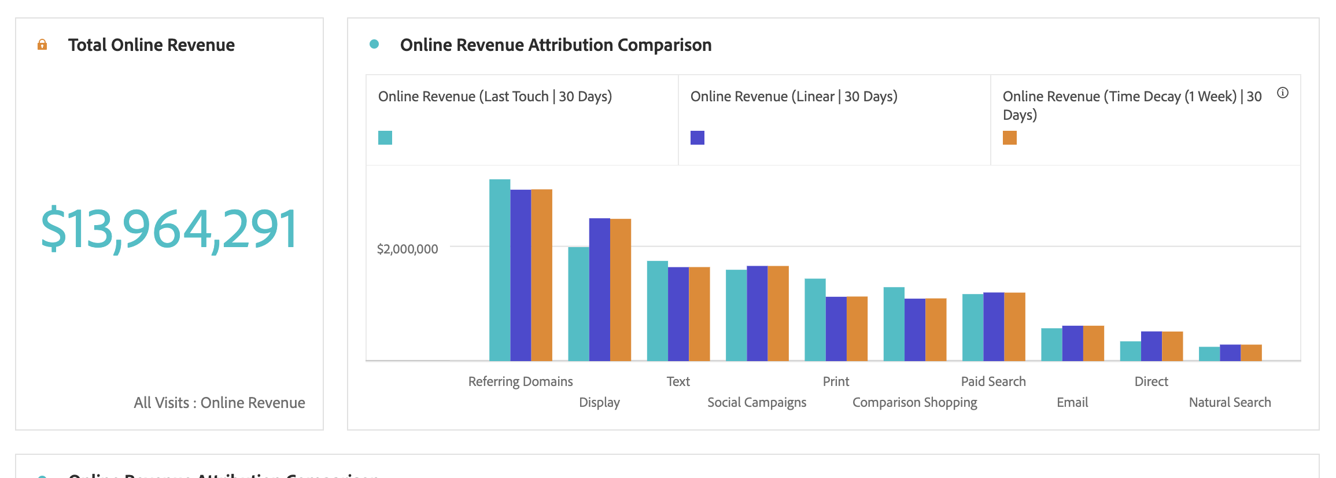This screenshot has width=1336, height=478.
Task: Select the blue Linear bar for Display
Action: [599, 289]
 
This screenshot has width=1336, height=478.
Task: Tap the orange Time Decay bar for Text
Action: [699, 314]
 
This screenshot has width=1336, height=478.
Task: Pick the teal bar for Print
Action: [815, 319]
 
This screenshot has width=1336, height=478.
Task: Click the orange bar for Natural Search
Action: [1251, 352]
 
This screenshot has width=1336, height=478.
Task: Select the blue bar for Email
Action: [1072, 343]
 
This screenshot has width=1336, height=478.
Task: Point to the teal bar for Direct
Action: [1130, 351]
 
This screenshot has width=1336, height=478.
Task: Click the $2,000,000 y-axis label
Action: [407, 249]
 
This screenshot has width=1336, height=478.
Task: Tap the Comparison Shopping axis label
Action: [914, 402]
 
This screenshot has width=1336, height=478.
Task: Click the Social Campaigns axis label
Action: [756, 402]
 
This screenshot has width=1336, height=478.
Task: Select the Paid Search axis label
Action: [993, 381]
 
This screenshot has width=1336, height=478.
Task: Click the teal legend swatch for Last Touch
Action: [385, 138]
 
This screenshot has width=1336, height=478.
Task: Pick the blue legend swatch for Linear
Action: [697, 138]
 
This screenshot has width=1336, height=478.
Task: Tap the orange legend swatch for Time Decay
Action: [1010, 138]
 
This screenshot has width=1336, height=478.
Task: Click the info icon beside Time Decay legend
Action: [1283, 93]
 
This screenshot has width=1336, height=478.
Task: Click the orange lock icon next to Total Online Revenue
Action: [42, 45]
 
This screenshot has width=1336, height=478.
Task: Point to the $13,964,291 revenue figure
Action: [169, 229]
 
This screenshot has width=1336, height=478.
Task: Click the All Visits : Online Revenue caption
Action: [219, 403]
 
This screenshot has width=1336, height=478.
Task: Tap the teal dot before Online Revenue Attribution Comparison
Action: [374, 44]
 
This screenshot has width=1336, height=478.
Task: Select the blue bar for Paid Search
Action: [994, 326]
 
